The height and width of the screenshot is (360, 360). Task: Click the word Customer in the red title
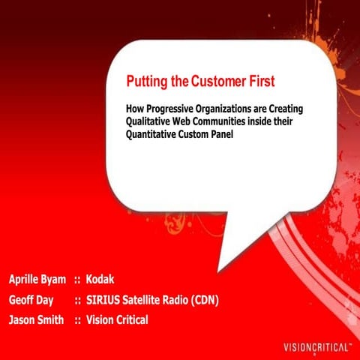(219, 81)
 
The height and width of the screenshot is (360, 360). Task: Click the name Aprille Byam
(38, 280)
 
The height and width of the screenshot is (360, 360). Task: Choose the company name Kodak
(100, 280)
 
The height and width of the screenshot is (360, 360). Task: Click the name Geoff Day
(31, 300)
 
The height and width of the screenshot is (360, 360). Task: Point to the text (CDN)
(201, 300)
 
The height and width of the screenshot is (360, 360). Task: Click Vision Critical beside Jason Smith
(117, 320)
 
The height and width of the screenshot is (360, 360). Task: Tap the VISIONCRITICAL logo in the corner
(316, 347)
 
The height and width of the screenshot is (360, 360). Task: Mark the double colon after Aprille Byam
(77, 280)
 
